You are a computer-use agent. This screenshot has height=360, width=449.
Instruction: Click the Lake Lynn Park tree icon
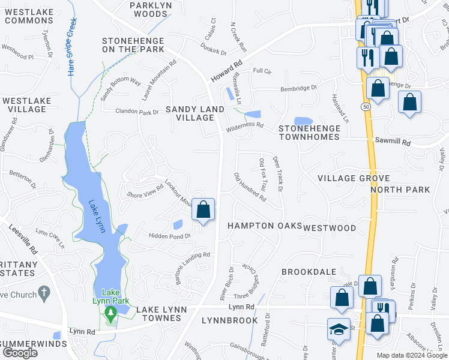click(110, 313)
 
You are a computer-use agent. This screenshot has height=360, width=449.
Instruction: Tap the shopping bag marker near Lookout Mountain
click(203, 210)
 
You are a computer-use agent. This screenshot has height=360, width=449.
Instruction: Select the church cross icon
click(43, 293)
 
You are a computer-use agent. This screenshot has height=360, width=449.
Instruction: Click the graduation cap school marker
click(339, 329)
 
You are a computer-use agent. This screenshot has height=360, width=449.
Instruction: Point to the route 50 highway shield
click(366, 106)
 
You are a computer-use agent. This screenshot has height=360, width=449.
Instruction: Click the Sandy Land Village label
click(194, 113)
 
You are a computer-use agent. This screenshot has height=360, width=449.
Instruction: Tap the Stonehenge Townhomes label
click(308, 133)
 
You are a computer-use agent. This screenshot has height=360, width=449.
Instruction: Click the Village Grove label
click(354, 178)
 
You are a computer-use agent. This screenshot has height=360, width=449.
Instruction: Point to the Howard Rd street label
click(226, 71)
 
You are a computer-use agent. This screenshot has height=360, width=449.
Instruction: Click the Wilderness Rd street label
click(245, 127)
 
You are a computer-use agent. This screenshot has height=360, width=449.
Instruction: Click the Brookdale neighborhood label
click(309, 272)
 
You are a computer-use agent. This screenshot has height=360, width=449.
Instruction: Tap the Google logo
click(20, 353)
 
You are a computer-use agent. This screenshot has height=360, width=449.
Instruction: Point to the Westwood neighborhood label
click(330, 228)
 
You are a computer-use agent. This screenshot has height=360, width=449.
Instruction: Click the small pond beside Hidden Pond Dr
click(178, 225)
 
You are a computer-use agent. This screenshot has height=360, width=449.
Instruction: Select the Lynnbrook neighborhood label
click(229, 320)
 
